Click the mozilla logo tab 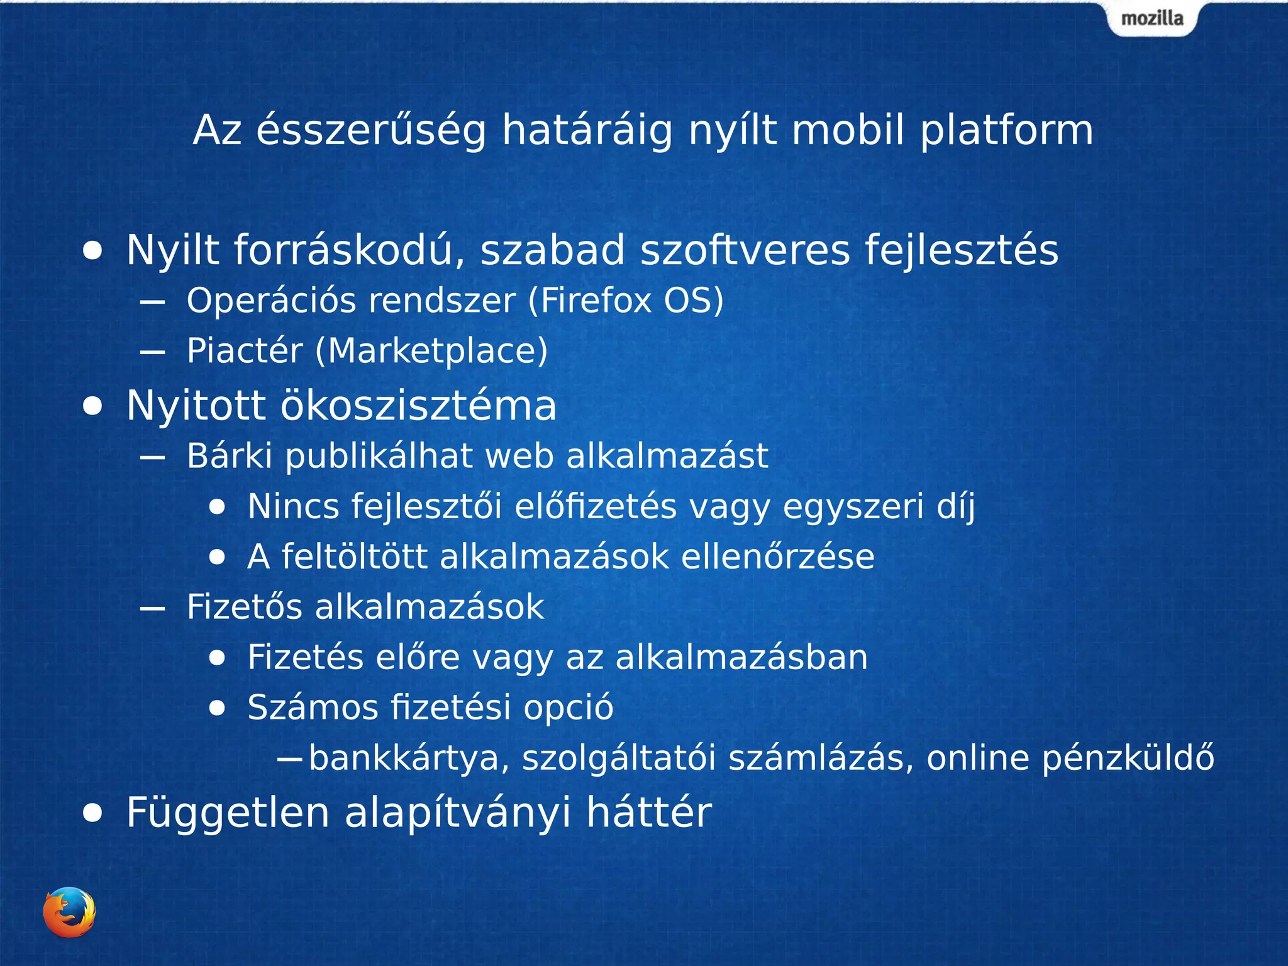coord(1152,19)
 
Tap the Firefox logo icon coord(69,912)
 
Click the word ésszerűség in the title coord(371,131)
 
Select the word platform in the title coord(1006,131)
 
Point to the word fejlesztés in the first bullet coord(962,250)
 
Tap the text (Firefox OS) coord(626,301)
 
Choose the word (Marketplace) coord(431,351)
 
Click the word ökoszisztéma coord(418,406)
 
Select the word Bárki coord(230,456)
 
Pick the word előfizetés coord(596,506)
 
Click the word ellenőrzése coord(778,557)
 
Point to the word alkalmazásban coord(741,657)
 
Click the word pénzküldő coord(1128,758)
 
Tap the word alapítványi coord(458,813)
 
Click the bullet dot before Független coord(92,813)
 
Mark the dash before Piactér coord(153,352)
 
